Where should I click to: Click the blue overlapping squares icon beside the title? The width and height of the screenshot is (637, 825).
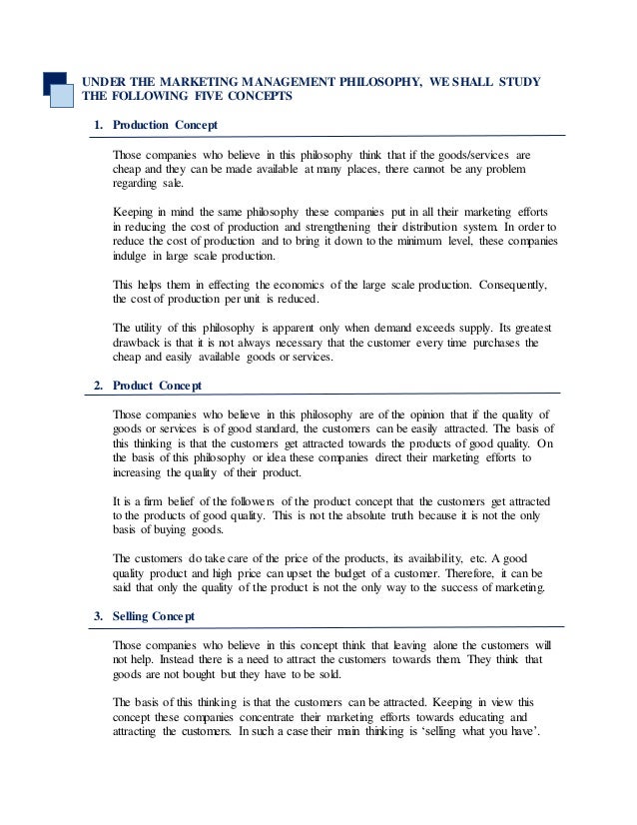(60, 89)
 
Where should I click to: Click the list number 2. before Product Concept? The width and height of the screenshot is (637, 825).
(98, 385)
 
